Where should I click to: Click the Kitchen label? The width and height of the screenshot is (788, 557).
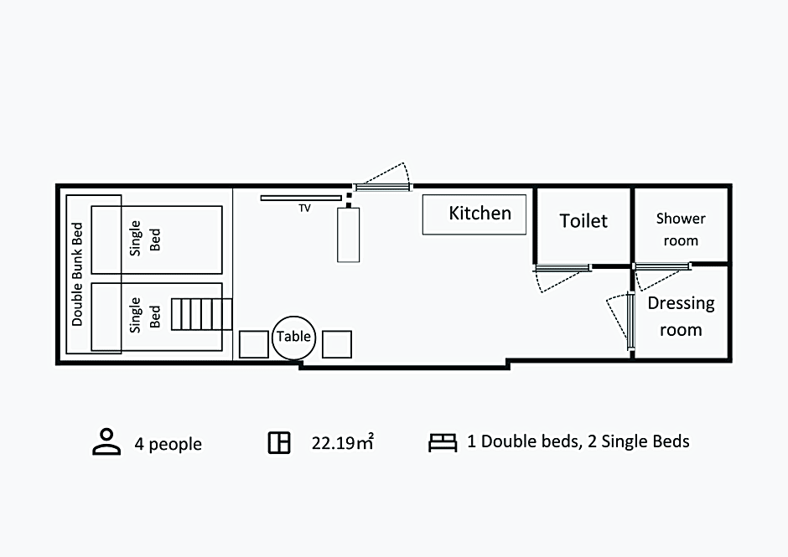480,214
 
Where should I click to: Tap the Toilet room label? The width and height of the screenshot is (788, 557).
583,221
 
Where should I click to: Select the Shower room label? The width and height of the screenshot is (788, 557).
681,230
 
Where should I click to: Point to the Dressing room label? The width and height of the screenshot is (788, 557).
681,317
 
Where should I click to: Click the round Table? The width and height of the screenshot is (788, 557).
294,338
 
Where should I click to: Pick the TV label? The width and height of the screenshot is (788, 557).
304,208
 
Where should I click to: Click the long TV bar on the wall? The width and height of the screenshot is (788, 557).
301,198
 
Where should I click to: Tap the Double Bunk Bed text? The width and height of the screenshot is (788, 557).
77,274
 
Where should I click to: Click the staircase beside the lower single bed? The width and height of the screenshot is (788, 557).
201,314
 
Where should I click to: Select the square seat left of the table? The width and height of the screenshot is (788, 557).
254,344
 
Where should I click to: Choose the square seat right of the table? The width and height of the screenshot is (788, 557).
337,344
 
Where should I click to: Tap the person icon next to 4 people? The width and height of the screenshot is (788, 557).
106,442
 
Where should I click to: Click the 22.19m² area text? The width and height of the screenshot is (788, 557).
343,442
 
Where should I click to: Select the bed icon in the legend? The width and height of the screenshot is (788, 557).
443,442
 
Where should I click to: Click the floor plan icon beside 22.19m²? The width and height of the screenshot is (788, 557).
279,442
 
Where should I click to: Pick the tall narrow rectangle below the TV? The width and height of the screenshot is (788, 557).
348,235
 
